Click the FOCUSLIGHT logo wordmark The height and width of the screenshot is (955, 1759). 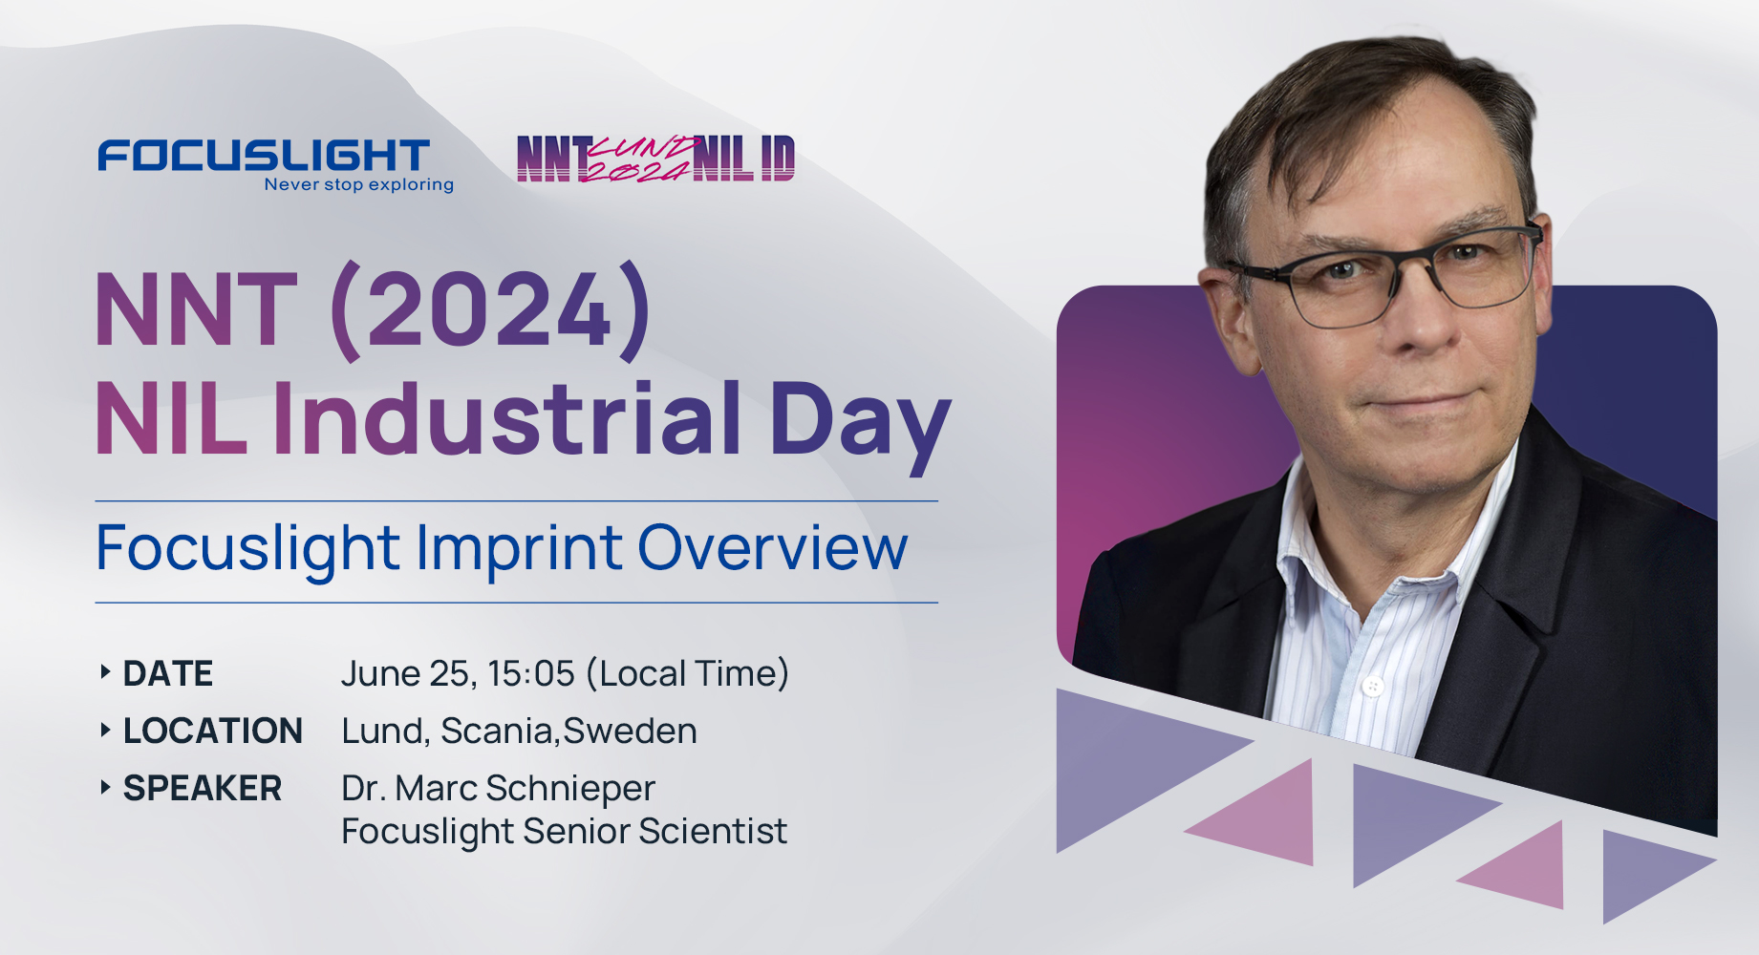point(264,155)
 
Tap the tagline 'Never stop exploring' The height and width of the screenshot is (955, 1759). point(358,184)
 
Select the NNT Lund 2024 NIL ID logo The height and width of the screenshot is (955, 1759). point(655,159)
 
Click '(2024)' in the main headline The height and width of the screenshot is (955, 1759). point(490,310)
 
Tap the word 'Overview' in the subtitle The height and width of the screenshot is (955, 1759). point(772,548)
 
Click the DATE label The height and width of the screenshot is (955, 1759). point(168,674)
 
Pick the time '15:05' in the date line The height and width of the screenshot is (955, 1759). point(531,674)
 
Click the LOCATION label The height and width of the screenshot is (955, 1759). point(213,732)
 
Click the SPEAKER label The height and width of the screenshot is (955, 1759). point(203,789)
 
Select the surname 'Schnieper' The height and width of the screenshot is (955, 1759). point(570,789)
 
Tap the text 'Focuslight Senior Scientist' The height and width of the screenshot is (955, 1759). point(564,832)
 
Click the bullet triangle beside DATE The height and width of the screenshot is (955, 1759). point(105,672)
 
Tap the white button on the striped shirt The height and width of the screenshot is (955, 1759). point(1373,685)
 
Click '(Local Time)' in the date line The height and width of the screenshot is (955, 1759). point(688,674)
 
